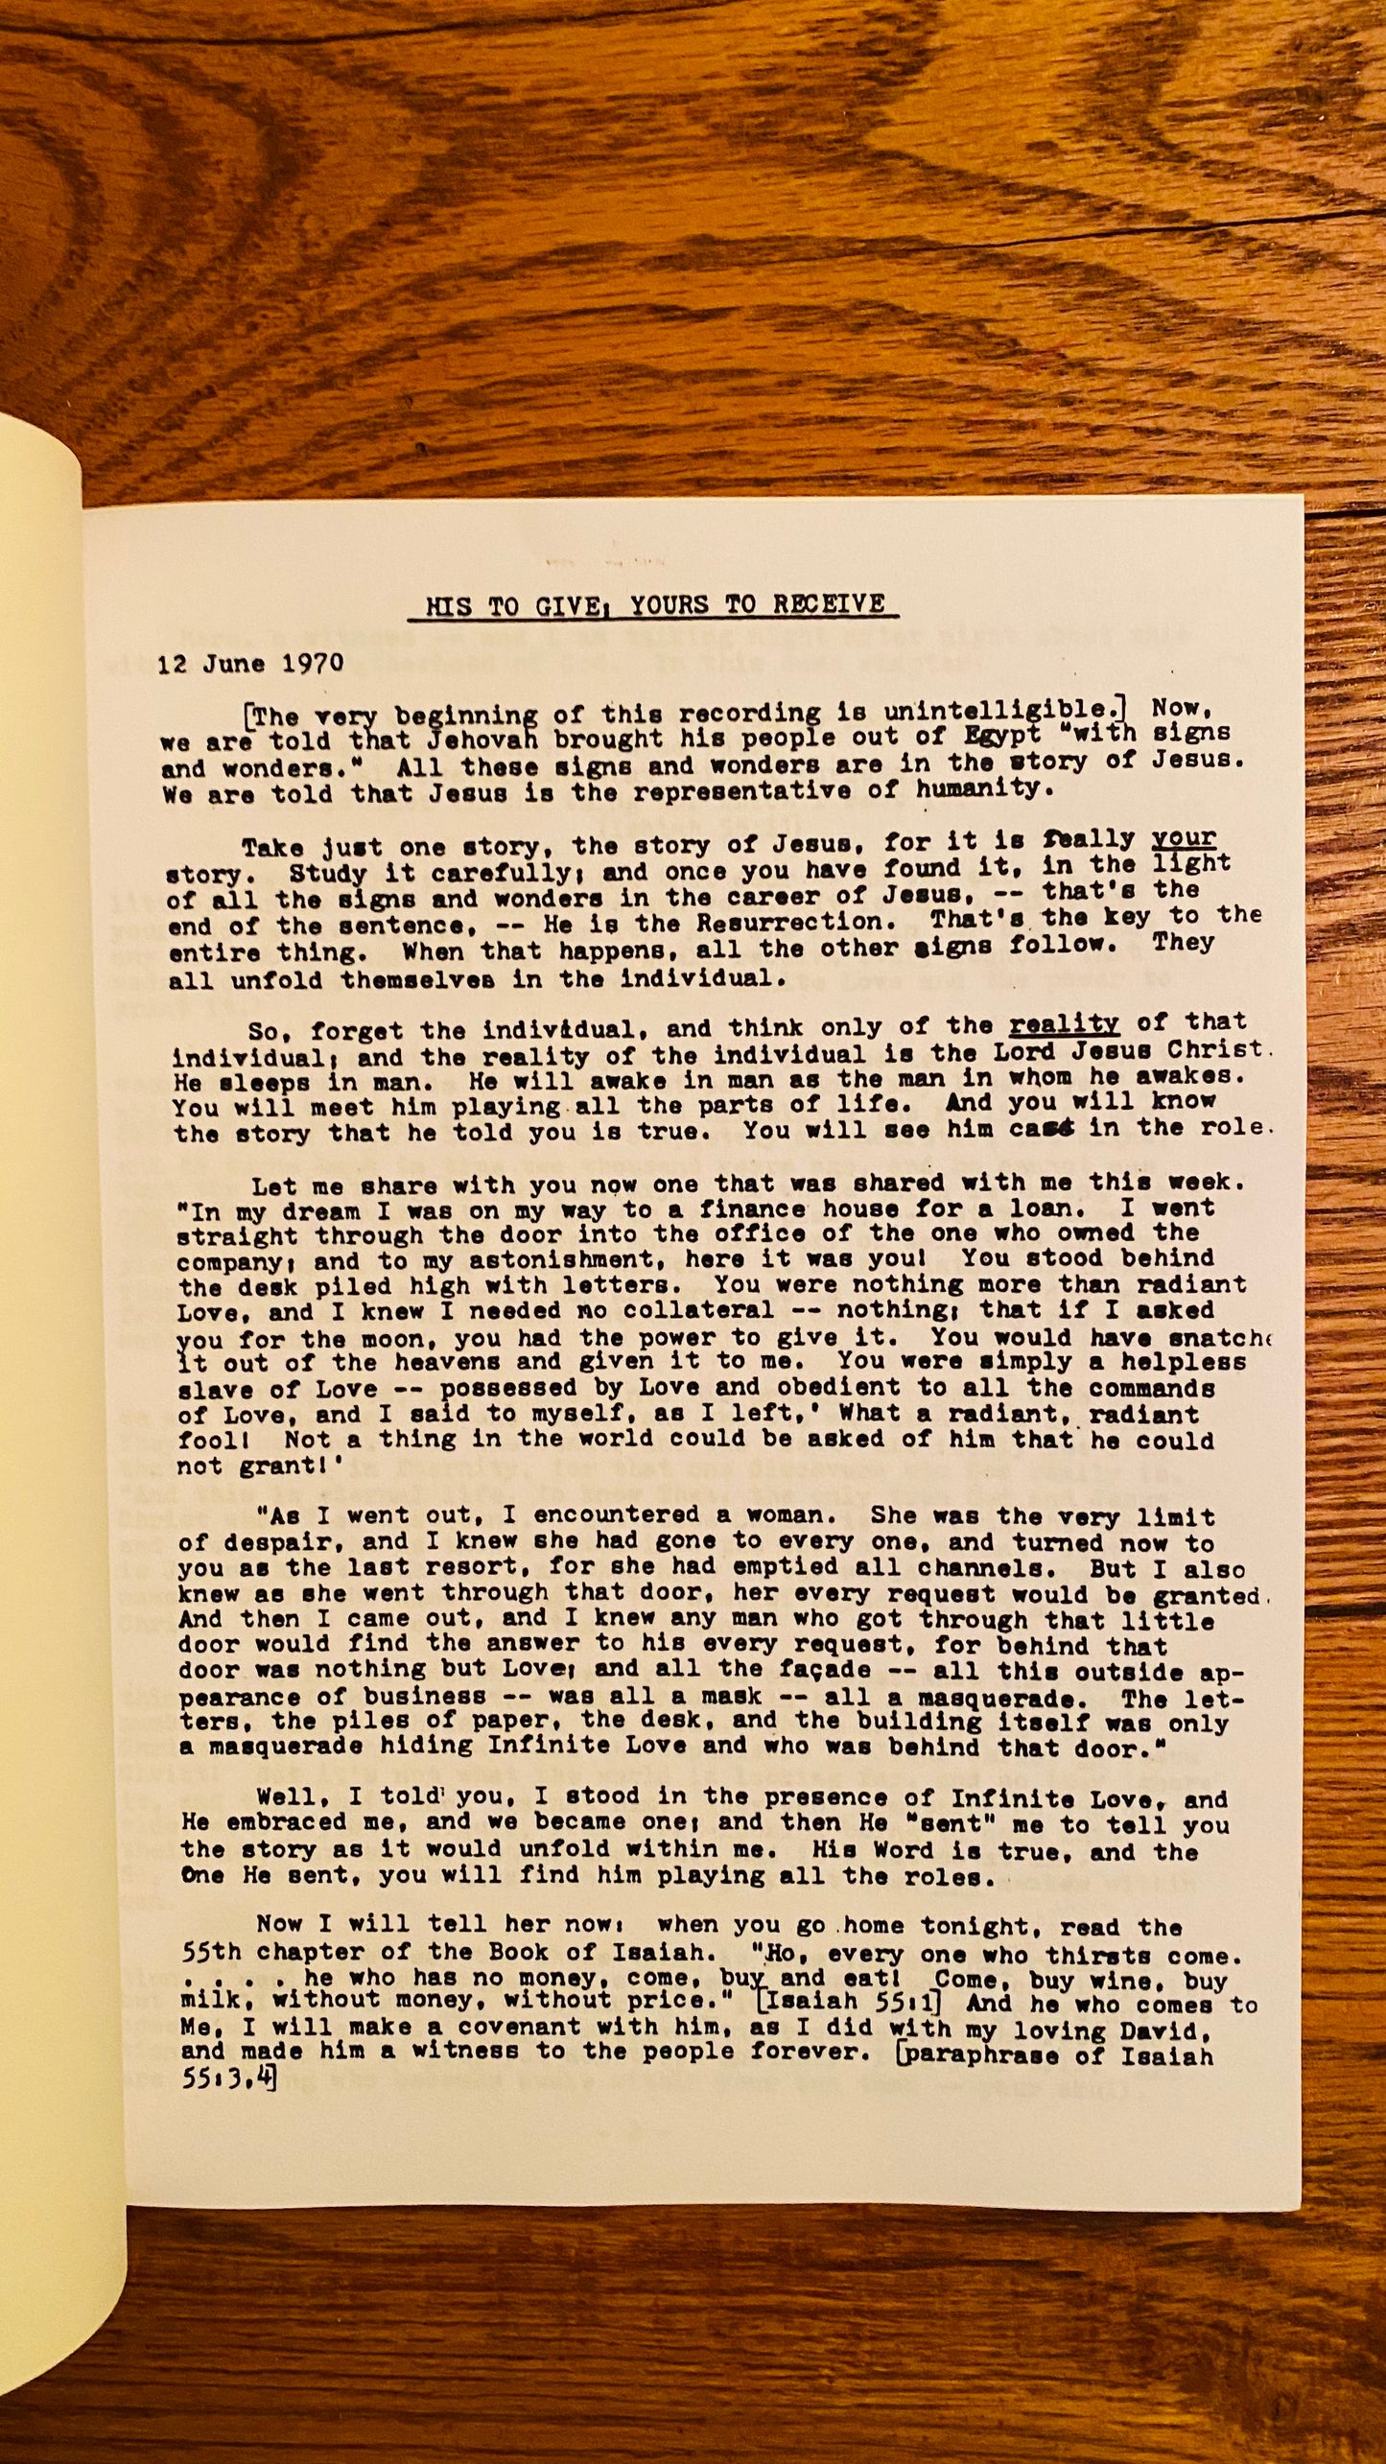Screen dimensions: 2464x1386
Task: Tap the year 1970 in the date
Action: [313, 664]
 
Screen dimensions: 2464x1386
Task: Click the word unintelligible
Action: [1002, 710]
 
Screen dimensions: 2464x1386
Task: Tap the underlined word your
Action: [1184, 838]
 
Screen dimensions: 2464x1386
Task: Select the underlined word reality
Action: [1064, 1023]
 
